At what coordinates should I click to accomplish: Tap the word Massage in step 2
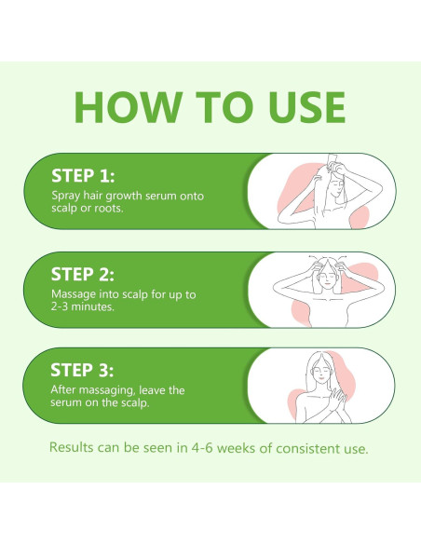75,295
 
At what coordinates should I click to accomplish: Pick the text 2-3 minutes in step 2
83,307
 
